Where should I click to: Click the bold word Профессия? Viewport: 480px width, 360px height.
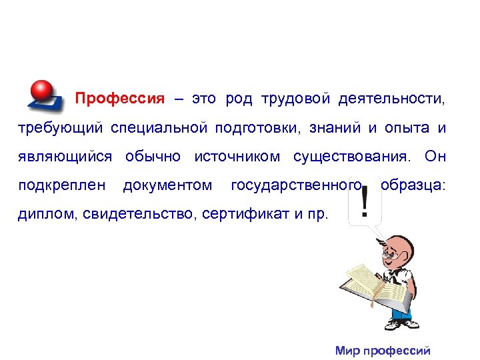pyautogui.click(x=119, y=99)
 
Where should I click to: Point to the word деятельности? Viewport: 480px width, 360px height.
pyautogui.click(x=390, y=99)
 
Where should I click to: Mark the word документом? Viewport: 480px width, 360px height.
pyautogui.click(x=168, y=185)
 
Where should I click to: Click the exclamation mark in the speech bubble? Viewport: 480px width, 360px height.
pyautogui.click(x=364, y=208)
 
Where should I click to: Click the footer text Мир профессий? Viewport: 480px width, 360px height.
pyautogui.click(x=383, y=351)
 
